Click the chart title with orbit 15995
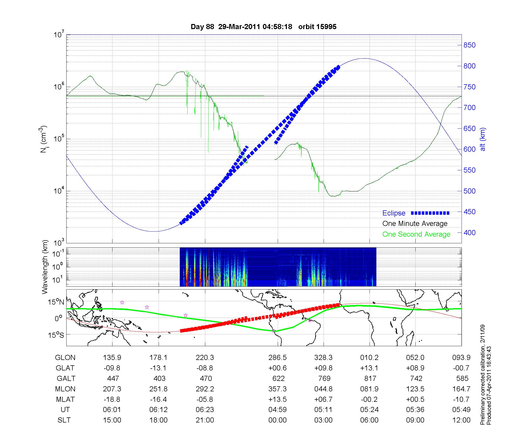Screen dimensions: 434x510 point(263,27)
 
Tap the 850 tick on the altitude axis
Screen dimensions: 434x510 point(469,45)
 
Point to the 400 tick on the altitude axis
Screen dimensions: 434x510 point(469,233)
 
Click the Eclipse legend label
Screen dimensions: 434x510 point(394,213)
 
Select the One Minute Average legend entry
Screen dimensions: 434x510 point(415,224)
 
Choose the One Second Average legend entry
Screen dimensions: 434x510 point(416,234)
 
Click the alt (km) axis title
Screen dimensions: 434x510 point(483,139)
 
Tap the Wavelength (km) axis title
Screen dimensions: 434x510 point(45,267)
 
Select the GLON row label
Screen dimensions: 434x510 point(65,358)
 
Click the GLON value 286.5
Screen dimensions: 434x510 point(277,358)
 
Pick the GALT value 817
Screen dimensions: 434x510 point(370,378)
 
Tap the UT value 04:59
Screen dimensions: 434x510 point(277,410)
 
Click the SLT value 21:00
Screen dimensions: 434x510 point(205,420)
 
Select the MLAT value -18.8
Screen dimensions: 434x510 point(112,399)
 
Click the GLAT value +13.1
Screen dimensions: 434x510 point(369,368)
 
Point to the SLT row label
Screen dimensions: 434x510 point(64,420)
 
